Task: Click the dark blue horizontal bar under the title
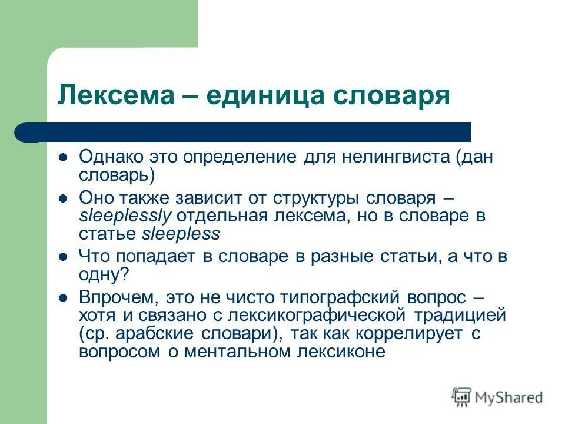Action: pyautogui.click(x=247, y=132)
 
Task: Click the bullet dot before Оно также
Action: pyautogui.click(x=64, y=198)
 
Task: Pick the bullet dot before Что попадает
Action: pyautogui.click(x=64, y=257)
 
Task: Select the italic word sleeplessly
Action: pyautogui.click(x=125, y=216)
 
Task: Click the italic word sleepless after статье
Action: pyautogui.click(x=181, y=234)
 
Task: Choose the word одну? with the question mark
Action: pyautogui.click(x=104, y=274)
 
